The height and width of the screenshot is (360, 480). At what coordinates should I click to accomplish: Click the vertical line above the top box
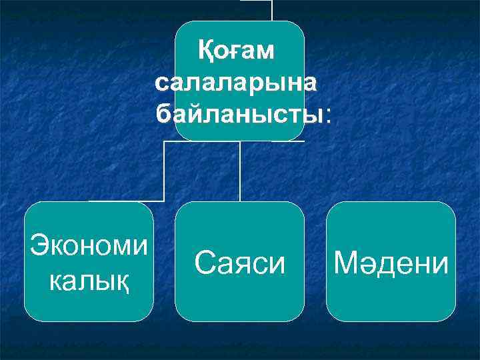tap(272, 9)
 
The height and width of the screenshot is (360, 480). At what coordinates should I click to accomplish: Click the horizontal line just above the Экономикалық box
tap(127, 200)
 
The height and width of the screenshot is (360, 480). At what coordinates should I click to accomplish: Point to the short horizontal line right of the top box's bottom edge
tap(289, 141)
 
